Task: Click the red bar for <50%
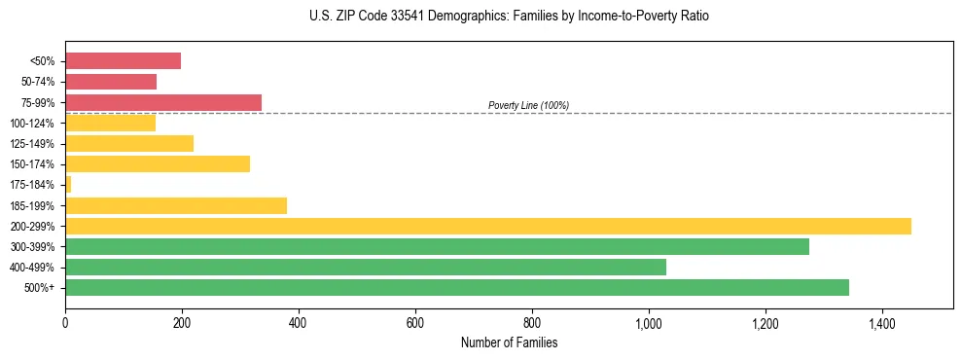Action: tap(123, 61)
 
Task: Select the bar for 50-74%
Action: tap(111, 82)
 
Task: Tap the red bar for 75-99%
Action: tap(163, 102)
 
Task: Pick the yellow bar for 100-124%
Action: tap(110, 123)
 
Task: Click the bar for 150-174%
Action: tap(158, 164)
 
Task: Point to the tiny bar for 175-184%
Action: tap(68, 185)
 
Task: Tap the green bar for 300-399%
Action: tap(437, 246)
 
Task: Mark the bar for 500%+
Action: tap(457, 287)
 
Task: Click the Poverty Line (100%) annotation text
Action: tap(528, 105)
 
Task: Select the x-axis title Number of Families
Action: tap(509, 342)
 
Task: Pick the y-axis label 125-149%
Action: tap(32, 144)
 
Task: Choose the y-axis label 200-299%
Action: tap(32, 226)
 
